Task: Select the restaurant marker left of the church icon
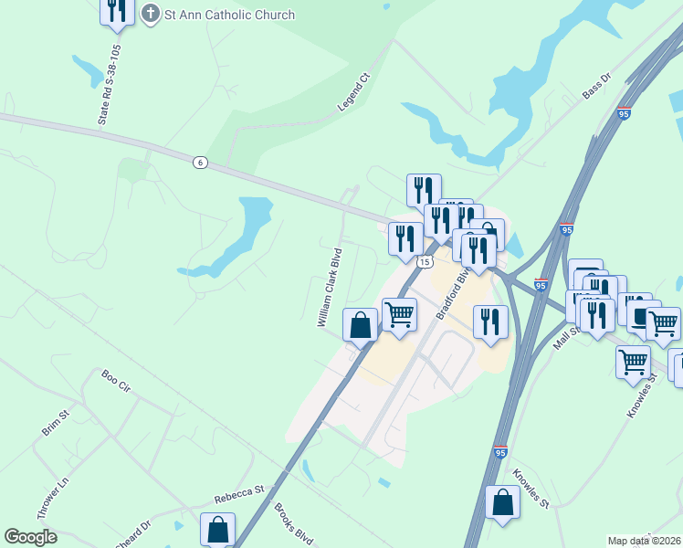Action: point(116,9)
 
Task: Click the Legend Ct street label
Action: point(352,92)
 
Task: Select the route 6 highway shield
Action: point(200,162)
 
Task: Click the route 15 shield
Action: point(425,262)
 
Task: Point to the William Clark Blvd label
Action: point(329,287)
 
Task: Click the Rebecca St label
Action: point(238,498)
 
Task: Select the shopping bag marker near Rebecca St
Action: point(217,528)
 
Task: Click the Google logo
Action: point(31,537)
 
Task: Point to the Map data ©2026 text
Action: point(644,541)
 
